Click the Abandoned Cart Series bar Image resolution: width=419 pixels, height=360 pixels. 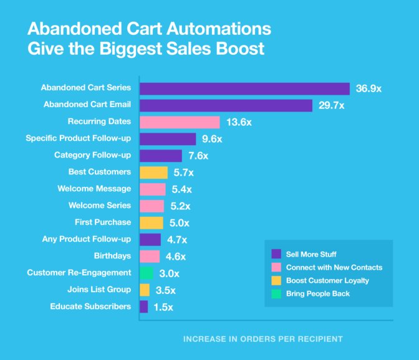[244, 88]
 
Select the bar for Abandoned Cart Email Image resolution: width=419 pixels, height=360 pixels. [226, 105]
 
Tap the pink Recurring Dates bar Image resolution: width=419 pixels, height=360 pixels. [180, 122]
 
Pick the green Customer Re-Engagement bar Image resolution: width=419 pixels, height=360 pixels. [147, 273]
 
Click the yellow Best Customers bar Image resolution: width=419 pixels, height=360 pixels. [153, 173]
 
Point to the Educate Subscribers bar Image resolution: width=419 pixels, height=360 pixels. [144, 306]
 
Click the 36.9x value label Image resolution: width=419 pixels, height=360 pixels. [368, 88]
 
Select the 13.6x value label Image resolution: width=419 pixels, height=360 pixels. [239, 122]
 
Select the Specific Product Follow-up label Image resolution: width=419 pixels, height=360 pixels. [79, 138]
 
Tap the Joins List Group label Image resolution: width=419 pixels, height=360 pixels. [99, 289]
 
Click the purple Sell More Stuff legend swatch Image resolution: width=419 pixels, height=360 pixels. [276, 253]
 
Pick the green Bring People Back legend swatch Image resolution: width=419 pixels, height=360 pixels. [276, 293]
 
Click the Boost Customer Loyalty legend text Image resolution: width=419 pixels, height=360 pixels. [328, 280]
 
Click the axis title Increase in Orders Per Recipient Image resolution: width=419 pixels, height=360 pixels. [262, 339]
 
